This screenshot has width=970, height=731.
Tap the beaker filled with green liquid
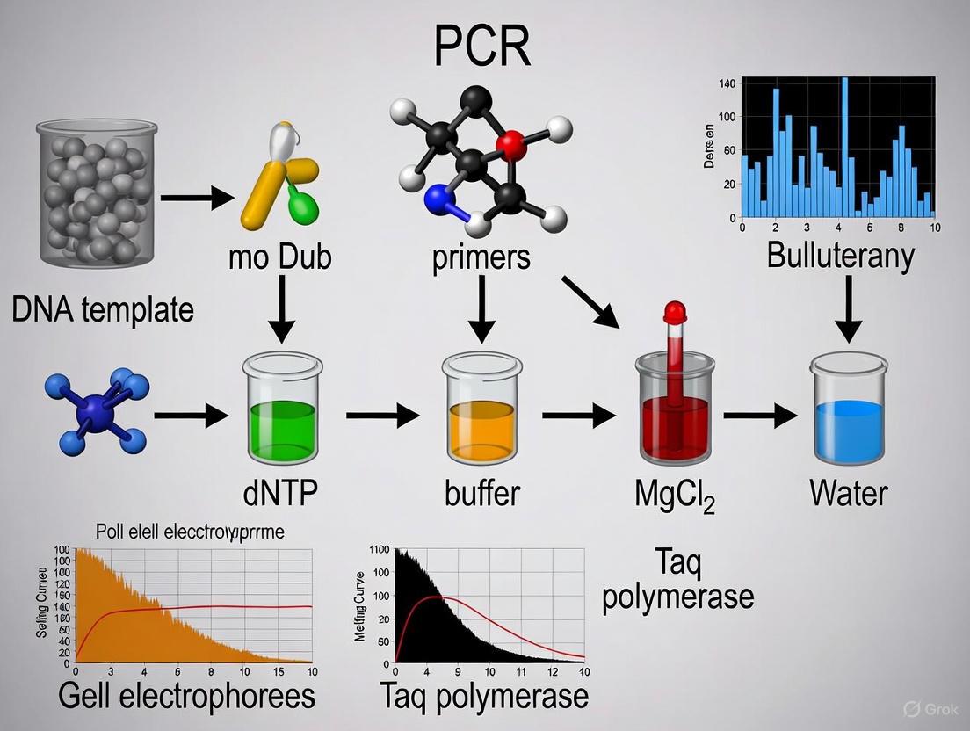[282, 422]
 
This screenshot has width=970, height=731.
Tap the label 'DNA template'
[103, 309]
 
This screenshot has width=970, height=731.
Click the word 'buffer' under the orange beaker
[480, 492]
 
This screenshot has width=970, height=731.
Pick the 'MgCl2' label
[675, 494]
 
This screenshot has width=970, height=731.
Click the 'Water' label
[848, 492]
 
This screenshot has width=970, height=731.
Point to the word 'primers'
[481, 257]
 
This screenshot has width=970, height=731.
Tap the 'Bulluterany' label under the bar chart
[841, 255]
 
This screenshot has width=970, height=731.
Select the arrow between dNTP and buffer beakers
[382, 414]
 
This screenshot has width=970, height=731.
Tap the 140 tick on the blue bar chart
[727, 83]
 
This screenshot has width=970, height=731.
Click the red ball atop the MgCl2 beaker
[675, 311]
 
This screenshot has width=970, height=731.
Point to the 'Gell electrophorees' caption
[186, 696]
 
